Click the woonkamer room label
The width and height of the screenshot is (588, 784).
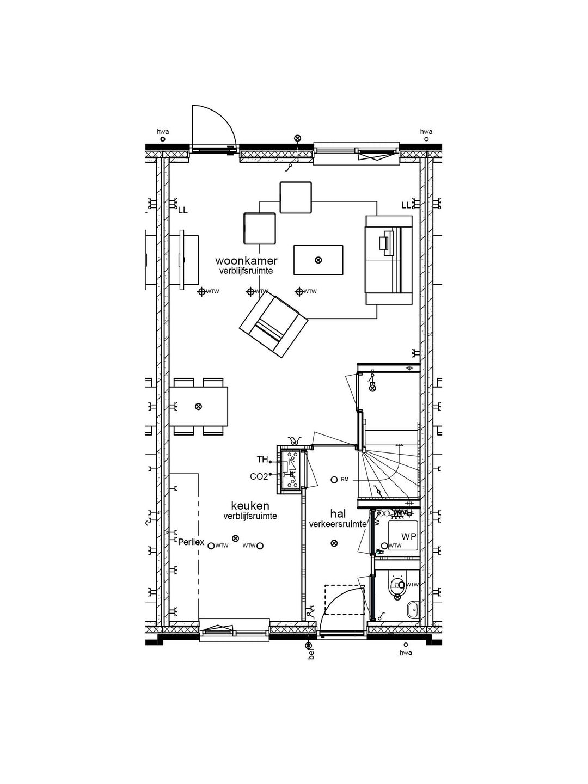[246, 261]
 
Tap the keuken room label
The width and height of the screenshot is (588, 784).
[250, 506]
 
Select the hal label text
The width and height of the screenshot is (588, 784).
[338, 514]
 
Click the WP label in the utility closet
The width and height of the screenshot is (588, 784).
[409, 537]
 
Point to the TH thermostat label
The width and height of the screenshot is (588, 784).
[262, 460]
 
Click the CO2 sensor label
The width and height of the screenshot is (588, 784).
[259, 476]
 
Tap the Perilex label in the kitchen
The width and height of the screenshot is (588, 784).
[191, 542]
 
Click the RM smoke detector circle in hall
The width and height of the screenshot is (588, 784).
[334, 480]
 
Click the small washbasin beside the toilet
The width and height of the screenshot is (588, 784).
[413, 608]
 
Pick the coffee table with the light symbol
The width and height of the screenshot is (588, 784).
[318, 260]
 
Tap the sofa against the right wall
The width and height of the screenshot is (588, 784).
[389, 259]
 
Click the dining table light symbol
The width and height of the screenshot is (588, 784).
[199, 406]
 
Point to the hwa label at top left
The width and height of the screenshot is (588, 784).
[162, 131]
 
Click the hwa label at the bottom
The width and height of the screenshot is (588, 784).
[406, 652]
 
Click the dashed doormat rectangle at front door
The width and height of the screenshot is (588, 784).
[345, 600]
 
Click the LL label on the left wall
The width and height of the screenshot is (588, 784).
[183, 210]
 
